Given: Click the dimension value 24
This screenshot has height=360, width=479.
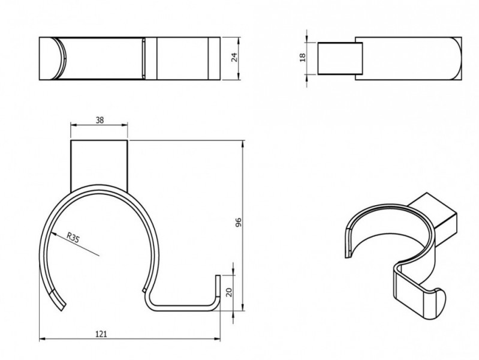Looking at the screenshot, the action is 234,57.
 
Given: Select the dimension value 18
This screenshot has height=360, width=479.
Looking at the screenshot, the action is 303,57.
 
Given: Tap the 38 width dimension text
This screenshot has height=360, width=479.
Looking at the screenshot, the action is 100,120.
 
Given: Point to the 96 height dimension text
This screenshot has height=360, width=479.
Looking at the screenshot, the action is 239,222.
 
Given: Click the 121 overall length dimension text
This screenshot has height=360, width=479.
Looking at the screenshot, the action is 101,334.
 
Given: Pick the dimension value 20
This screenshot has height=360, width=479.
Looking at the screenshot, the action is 229,292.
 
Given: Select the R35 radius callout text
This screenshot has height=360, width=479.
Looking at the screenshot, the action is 73,238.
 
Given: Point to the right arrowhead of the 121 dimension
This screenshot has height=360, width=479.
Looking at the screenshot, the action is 217,339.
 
